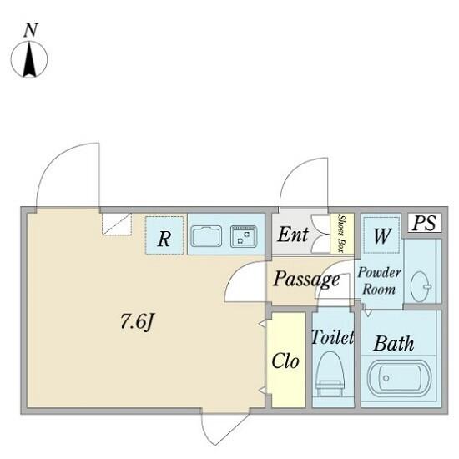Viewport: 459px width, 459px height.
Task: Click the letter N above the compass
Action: coord(31,30)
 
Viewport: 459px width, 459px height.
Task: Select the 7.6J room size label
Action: coord(137,322)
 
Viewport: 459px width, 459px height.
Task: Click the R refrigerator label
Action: coord(164,240)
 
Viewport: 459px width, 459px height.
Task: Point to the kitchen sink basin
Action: coord(206,236)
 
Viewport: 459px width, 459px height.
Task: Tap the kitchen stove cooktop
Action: coord(244,236)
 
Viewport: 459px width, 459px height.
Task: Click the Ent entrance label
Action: coord(293,235)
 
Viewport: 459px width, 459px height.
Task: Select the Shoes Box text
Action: coord(341,234)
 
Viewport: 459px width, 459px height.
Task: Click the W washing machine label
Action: coord(382,235)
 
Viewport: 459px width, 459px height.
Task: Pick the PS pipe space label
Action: coord(424,223)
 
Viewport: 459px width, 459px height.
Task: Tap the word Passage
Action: coord(306,280)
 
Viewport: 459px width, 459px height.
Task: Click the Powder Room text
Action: coord(380,280)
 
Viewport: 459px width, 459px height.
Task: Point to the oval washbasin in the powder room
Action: coord(421,286)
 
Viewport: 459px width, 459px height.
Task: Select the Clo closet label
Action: coord(285,361)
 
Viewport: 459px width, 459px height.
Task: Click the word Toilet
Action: coord(333,337)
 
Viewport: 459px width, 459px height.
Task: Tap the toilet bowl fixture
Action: coord(330,374)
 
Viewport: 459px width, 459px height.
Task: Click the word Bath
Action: coord(394,343)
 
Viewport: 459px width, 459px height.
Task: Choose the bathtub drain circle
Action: coord(386,378)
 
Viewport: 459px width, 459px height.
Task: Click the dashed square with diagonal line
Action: coord(117,224)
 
